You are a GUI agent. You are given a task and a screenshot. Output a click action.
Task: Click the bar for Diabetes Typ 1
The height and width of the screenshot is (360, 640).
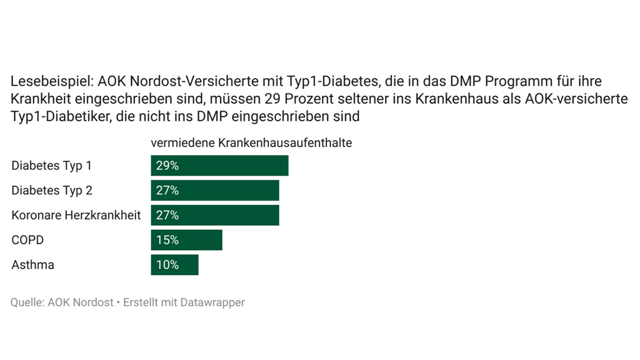click(x=219, y=166)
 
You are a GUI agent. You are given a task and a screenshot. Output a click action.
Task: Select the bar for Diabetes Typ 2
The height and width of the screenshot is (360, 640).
click(x=215, y=191)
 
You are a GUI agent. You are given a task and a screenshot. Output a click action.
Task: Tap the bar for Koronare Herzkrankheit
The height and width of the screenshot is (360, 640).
click(x=215, y=215)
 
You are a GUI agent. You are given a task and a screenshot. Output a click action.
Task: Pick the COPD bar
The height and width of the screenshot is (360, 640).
click(x=186, y=240)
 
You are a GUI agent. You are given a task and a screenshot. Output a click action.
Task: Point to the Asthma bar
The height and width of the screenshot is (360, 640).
click(x=175, y=265)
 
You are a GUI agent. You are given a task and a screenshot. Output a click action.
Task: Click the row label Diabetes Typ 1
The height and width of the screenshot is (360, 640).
click(x=52, y=166)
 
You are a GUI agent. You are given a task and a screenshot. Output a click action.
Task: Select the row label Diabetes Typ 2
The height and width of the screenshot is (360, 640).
click(x=52, y=191)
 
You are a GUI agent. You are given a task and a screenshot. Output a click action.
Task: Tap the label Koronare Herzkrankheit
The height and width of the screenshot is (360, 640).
click(x=76, y=215)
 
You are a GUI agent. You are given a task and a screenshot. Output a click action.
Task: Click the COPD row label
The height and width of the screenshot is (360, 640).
click(x=28, y=240)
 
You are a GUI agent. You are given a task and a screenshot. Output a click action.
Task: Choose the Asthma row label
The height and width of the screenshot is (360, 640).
click(x=33, y=265)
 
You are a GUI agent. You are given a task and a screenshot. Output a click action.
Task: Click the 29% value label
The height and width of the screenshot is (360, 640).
click(x=167, y=166)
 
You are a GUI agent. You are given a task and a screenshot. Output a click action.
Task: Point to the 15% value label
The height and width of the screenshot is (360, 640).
click(x=167, y=240)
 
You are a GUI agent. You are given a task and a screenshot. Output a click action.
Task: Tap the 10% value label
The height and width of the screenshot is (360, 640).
click(x=167, y=265)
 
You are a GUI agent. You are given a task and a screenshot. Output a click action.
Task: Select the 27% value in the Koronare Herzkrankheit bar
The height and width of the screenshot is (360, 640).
click(x=167, y=215)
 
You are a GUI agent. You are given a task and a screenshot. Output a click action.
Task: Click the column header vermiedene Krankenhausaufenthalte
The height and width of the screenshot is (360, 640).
click(x=251, y=142)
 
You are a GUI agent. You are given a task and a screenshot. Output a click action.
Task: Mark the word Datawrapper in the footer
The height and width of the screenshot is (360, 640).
click(x=212, y=302)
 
